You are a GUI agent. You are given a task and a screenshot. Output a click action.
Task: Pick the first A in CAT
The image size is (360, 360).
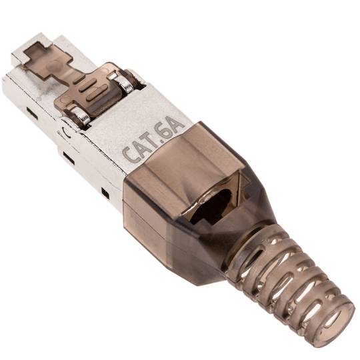141,148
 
